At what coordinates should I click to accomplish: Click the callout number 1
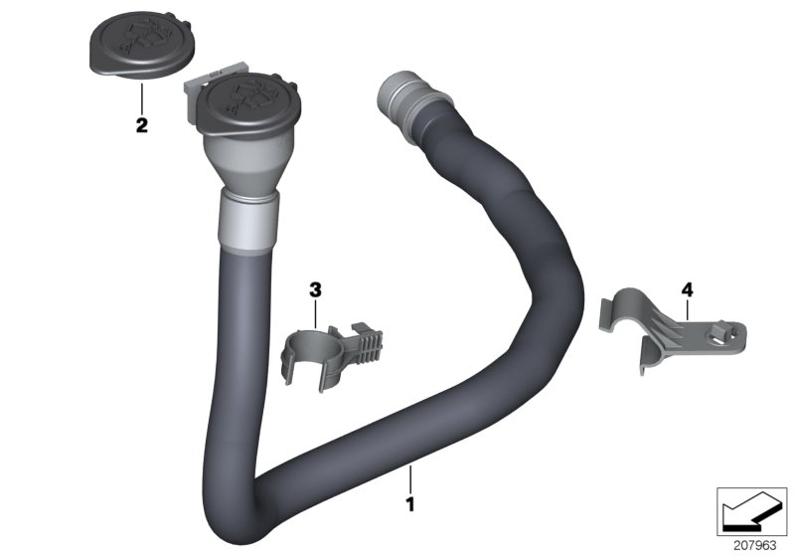410,504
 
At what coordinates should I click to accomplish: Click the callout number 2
142,124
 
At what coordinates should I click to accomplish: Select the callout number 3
315,290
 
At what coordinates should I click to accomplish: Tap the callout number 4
687,290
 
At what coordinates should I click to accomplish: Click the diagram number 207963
755,546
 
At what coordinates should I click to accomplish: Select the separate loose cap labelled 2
141,45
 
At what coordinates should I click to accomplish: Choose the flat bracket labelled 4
669,327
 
